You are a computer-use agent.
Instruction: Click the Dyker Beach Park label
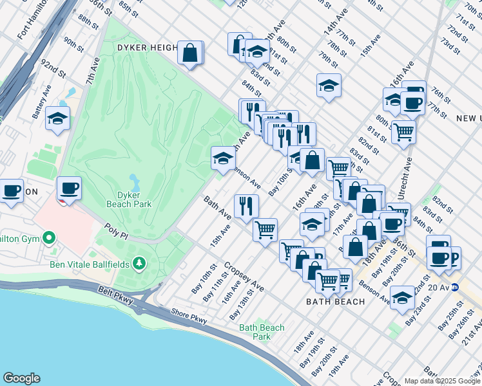point(130,199)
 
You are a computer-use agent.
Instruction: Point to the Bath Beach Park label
point(262,332)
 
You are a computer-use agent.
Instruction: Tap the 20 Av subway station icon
point(454,288)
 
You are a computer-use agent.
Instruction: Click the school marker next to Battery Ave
point(58,118)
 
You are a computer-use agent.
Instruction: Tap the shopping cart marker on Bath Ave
point(265,230)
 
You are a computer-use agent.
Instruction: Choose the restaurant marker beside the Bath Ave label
point(246,206)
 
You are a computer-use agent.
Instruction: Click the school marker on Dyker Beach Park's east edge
point(223,158)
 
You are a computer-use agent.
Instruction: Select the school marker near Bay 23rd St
point(403,297)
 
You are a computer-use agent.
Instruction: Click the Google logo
point(22,378)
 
